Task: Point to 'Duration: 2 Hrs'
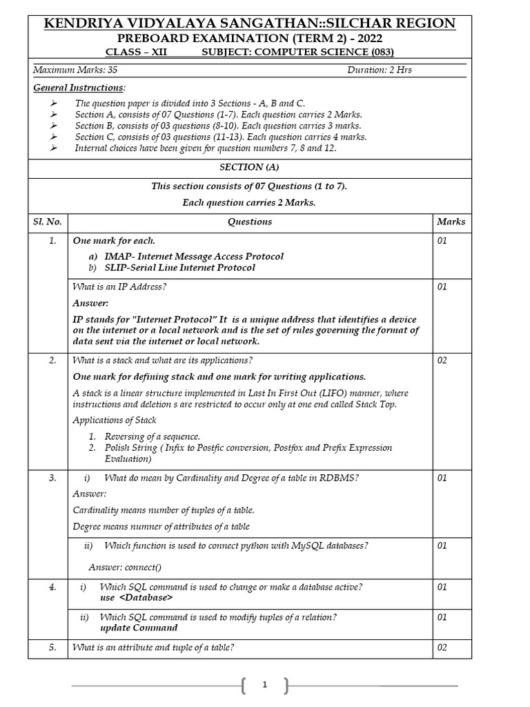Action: click(380, 70)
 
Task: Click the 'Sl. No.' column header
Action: click(48, 222)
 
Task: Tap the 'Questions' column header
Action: click(250, 222)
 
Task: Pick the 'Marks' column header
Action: click(451, 222)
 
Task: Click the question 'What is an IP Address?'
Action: click(119, 287)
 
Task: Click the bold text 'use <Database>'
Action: click(137, 598)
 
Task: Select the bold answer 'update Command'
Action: click(139, 628)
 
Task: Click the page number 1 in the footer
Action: click(265, 686)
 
